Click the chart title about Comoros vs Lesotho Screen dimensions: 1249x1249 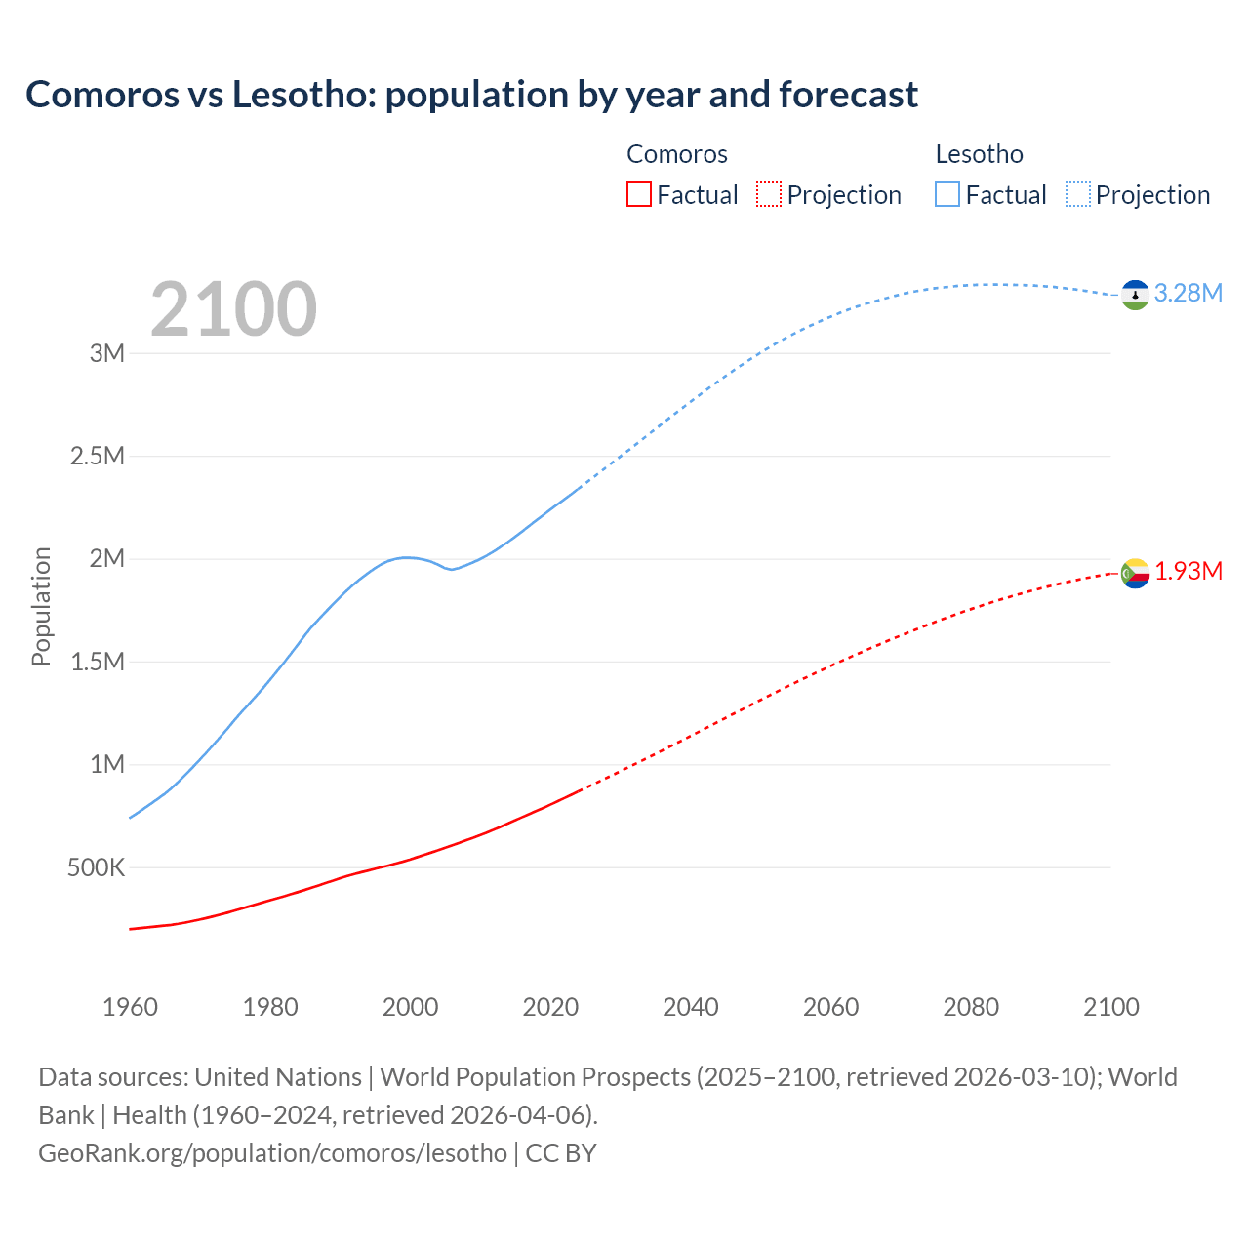(x=471, y=95)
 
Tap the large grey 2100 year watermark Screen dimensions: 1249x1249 (x=233, y=309)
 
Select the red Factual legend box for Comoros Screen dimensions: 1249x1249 (x=638, y=194)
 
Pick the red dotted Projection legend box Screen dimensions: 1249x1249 (x=769, y=194)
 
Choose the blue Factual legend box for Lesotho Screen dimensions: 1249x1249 (x=947, y=194)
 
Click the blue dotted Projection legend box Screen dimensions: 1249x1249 (x=1077, y=194)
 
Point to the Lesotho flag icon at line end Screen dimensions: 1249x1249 (x=1135, y=295)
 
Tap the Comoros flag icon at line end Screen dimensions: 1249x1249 (x=1135, y=574)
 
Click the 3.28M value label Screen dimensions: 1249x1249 (x=1188, y=293)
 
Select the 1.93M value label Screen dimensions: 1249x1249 (x=1188, y=572)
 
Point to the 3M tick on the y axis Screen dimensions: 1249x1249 (x=107, y=353)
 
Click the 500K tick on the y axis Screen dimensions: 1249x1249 (x=97, y=867)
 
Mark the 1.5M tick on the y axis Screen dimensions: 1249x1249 (x=98, y=662)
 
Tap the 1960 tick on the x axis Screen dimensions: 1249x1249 (x=130, y=1007)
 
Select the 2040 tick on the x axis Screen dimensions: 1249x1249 (x=691, y=1007)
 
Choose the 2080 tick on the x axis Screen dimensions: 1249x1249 (x=971, y=1007)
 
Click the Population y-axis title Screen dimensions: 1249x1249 (x=41, y=606)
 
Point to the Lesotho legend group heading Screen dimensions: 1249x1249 (x=979, y=154)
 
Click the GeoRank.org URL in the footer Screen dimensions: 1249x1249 (x=272, y=1153)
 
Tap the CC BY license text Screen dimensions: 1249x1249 (x=561, y=1153)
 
